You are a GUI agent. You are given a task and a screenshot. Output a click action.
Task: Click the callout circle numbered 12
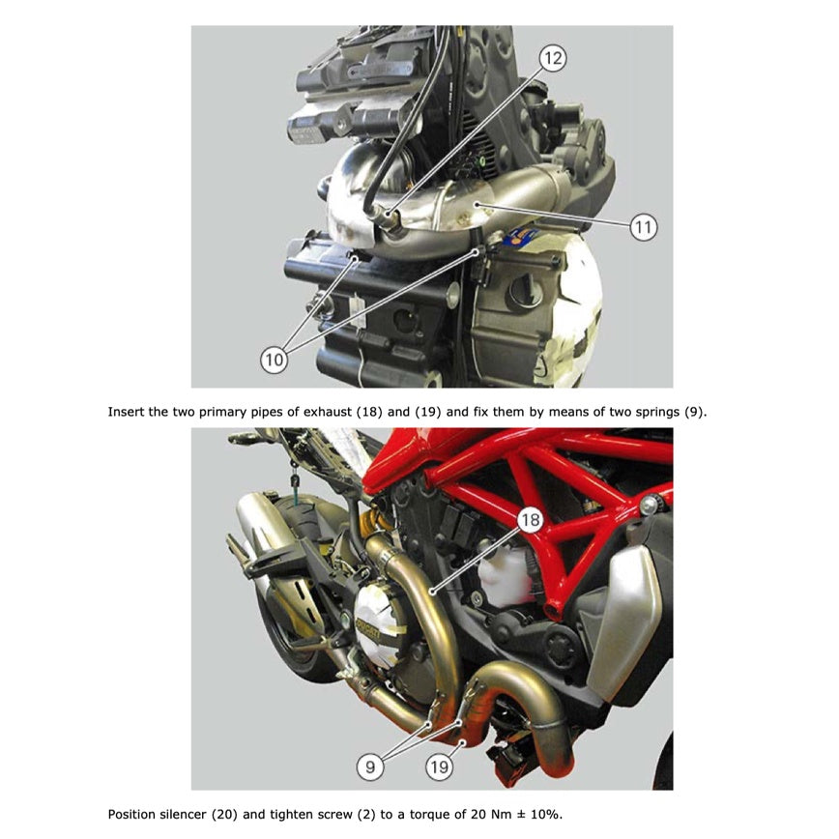[x=552, y=59]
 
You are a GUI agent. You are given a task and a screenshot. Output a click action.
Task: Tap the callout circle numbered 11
[x=643, y=227]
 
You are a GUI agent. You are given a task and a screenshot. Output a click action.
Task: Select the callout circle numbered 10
[x=274, y=360]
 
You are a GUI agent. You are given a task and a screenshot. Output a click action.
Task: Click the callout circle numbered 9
[x=369, y=767]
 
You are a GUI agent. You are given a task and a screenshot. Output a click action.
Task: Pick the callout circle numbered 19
[x=440, y=767]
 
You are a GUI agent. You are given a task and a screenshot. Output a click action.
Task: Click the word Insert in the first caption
[x=128, y=411]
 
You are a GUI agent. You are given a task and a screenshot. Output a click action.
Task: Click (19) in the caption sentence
[x=427, y=411]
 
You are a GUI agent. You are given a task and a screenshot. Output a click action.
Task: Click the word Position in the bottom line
[x=133, y=814]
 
